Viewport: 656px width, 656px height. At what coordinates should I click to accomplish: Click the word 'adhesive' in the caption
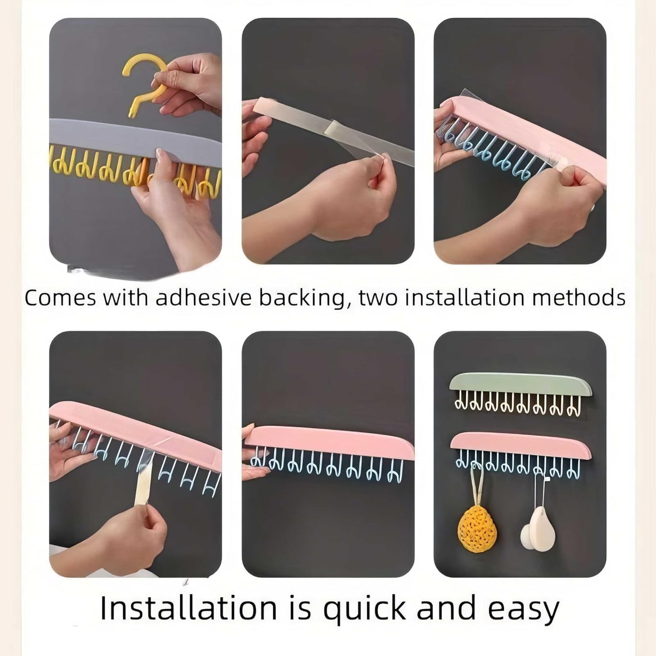click(x=203, y=297)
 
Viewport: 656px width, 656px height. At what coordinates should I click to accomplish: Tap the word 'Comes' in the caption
click(x=60, y=298)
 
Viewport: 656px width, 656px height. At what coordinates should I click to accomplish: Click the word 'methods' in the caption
click(x=578, y=297)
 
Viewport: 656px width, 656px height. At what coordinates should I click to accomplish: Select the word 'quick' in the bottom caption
click(x=365, y=610)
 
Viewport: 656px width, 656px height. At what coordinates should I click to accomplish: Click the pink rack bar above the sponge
click(x=520, y=445)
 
